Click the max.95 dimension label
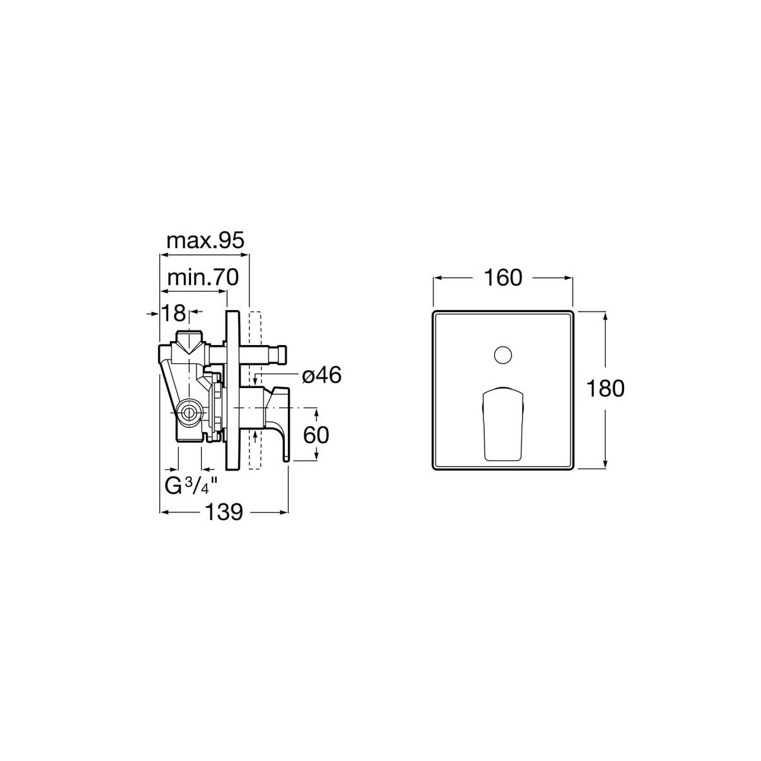point(205,240)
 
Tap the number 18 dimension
point(173,313)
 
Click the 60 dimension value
point(316,435)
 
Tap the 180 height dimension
point(605,388)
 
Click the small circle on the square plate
point(503,354)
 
